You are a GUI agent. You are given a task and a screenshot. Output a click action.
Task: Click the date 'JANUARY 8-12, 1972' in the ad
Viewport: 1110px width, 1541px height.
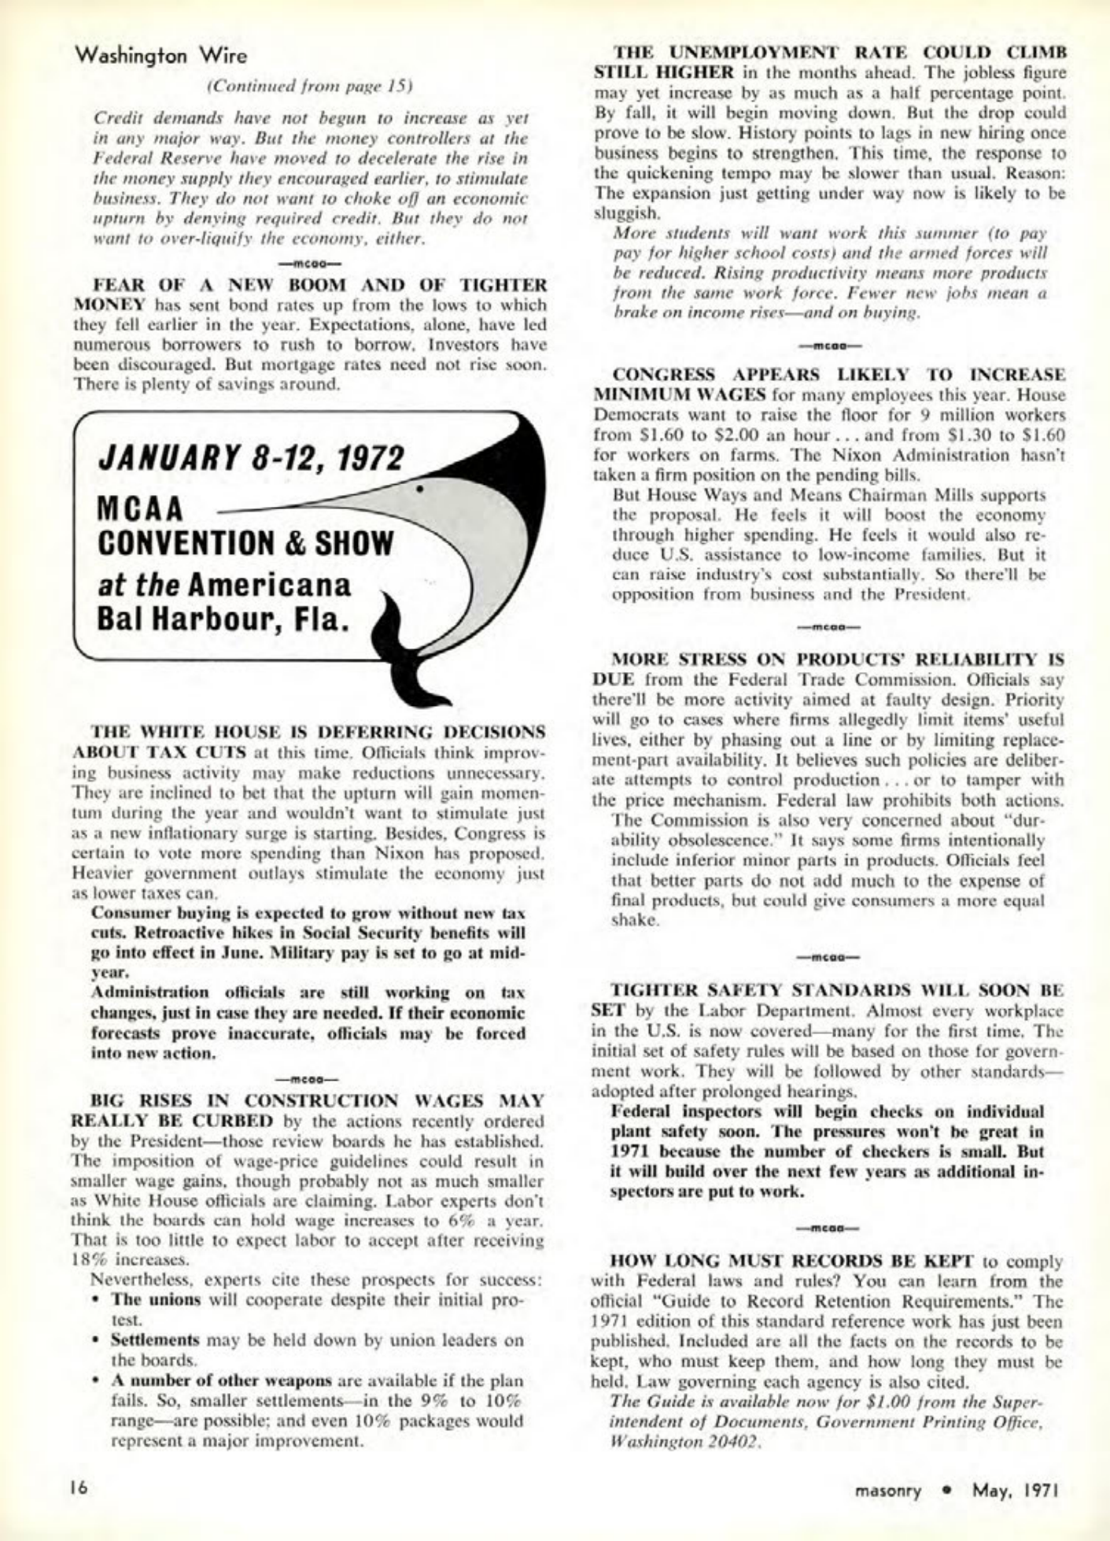pos(251,457)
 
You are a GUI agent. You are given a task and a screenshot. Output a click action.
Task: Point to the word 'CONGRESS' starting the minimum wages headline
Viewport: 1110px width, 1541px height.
pos(665,374)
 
